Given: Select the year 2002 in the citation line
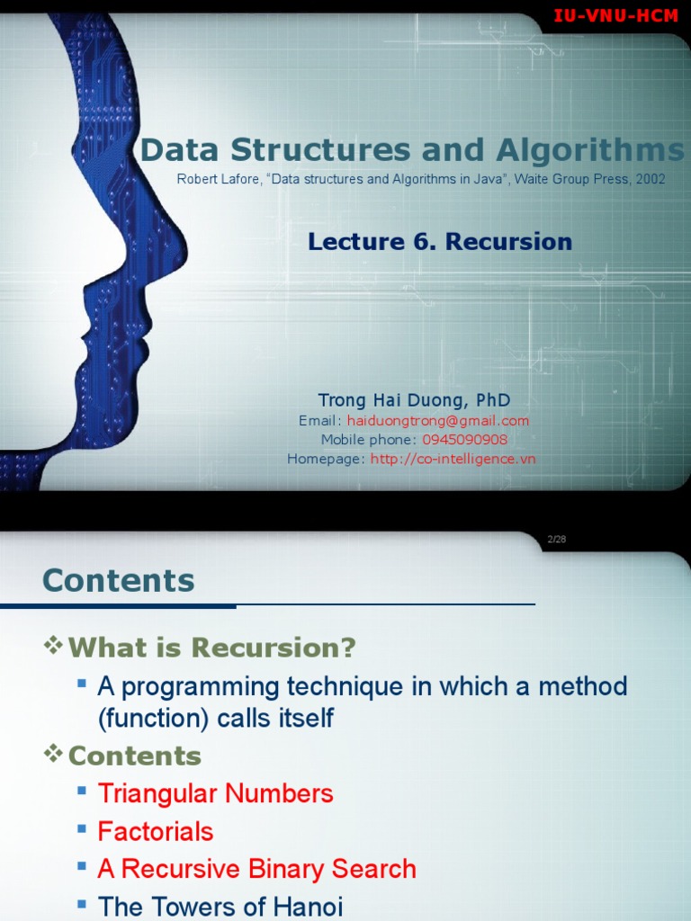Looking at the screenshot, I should (651, 179).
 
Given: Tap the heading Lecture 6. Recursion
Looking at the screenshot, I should (440, 241).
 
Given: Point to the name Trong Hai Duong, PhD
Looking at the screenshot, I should (414, 399).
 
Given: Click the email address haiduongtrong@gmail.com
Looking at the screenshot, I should (438, 420).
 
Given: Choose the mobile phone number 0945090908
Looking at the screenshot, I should (464, 439).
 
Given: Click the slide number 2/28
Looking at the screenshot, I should (556, 539).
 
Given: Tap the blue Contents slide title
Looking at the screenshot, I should (118, 580).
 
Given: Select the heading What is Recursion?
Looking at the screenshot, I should (212, 648).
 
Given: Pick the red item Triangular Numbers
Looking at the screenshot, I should (215, 793).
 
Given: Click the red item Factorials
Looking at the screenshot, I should (156, 831).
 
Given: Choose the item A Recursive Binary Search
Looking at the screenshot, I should (256, 869).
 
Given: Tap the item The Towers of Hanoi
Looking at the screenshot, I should (220, 907).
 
